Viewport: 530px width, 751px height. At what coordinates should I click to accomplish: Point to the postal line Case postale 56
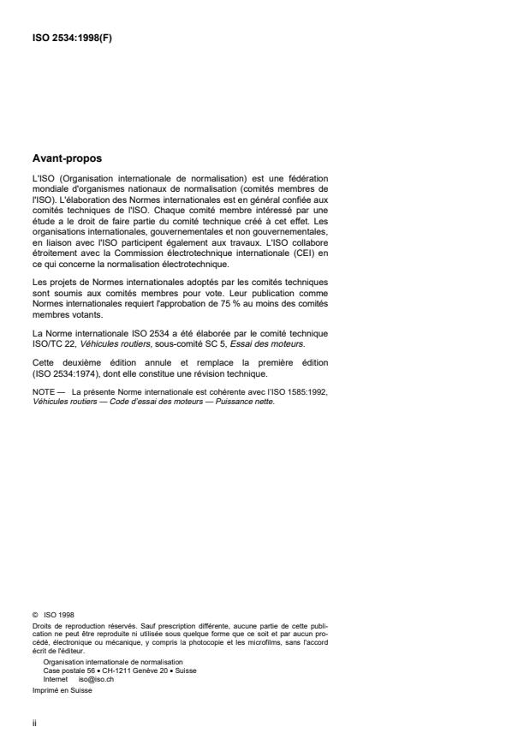click(x=73, y=670)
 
